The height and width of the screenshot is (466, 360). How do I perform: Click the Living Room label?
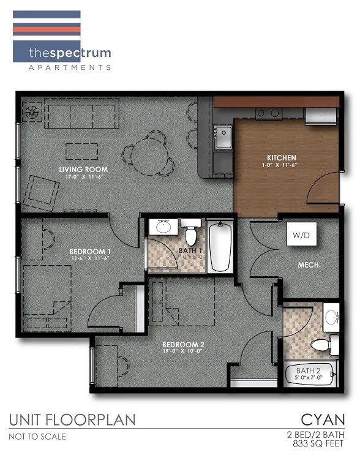click(x=83, y=169)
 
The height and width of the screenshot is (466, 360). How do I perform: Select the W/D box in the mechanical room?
click(x=300, y=235)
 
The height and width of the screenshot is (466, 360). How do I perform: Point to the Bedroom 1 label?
click(x=90, y=252)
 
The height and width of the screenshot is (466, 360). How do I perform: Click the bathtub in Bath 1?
click(x=220, y=248)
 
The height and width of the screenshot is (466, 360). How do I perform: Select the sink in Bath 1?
click(x=163, y=227)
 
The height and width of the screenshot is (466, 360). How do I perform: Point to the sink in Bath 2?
click(x=331, y=317)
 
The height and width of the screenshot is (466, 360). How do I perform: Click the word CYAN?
click(x=323, y=419)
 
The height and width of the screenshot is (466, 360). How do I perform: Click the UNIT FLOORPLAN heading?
click(x=72, y=420)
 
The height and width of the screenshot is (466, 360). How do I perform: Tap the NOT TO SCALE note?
click(x=37, y=437)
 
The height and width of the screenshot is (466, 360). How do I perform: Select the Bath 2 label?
click(x=309, y=371)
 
